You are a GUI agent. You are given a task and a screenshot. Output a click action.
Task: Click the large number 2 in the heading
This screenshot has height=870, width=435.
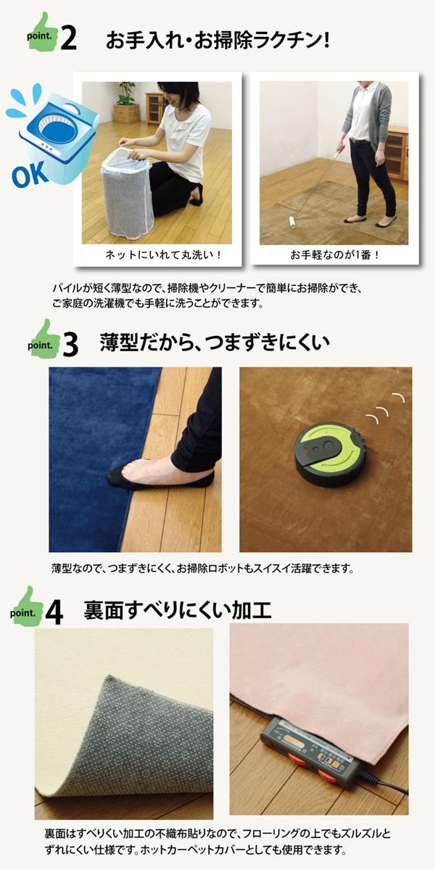coord(68,38)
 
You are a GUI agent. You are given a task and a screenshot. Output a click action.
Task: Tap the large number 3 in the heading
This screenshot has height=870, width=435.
coord(70,345)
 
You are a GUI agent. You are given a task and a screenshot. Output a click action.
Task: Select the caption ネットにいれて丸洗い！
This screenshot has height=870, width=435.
coord(163,255)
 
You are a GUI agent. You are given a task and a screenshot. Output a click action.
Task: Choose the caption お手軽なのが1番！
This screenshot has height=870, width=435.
coord(333,255)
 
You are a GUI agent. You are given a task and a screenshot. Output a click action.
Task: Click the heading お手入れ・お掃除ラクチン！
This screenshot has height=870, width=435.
coord(217,40)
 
